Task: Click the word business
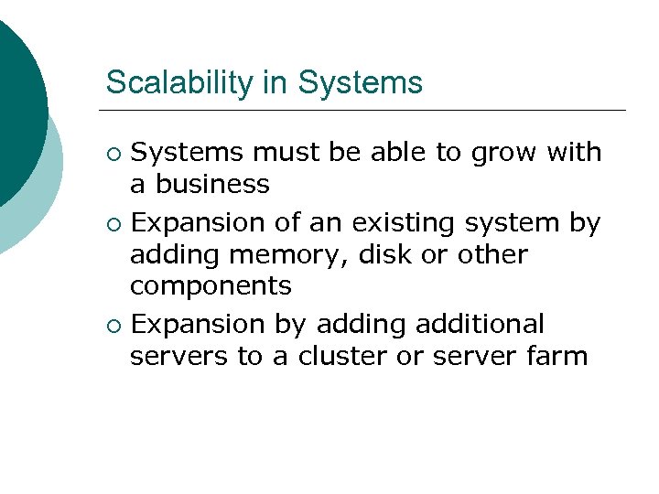[212, 185]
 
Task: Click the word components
[211, 287]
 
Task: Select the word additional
[480, 324]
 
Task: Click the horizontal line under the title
[366, 110]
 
